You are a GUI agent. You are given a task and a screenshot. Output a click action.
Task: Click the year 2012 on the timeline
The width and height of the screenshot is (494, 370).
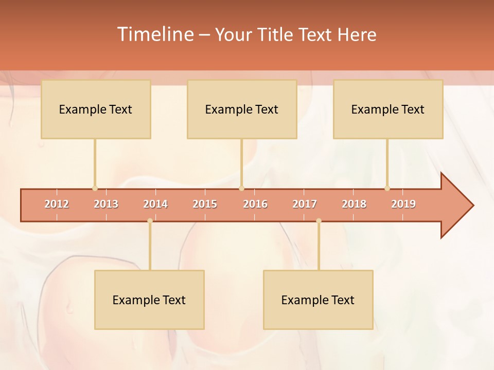(57, 204)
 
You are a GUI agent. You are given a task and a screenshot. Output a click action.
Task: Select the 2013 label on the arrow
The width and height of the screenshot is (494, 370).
(106, 204)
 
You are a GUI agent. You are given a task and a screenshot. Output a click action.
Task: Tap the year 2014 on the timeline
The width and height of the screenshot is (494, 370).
(155, 204)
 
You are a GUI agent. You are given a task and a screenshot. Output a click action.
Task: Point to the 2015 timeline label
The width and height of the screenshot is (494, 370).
(205, 204)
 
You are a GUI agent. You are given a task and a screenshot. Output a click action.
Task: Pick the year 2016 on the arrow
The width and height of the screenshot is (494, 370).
(255, 204)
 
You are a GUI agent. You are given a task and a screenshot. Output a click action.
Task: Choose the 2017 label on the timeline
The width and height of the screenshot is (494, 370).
(305, 204)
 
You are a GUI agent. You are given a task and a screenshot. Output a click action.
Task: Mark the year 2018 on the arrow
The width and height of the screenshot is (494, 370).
(354, 204)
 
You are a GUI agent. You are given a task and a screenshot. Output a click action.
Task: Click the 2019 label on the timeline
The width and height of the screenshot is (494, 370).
(403, 204)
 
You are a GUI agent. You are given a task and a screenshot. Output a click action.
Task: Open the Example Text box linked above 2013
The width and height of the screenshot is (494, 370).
(96, 109)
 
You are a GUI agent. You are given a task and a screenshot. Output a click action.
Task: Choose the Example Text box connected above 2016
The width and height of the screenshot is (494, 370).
(242, 109)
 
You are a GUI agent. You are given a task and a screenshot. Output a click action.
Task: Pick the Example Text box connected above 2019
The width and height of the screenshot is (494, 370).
(388, 109)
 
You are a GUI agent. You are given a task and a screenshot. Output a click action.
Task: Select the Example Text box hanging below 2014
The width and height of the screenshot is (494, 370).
(149, 300)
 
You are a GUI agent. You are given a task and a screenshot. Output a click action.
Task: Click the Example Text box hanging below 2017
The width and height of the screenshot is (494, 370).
(318, 300)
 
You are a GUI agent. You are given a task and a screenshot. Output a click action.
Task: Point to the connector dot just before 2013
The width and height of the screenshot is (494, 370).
(95, 188)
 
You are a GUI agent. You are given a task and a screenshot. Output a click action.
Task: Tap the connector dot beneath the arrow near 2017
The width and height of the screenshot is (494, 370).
(319, 221)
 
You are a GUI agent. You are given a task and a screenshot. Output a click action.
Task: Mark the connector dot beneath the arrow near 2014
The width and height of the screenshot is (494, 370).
(150, 221)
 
